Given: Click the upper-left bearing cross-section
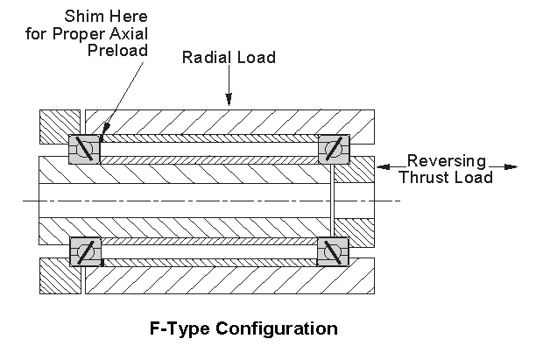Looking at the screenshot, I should (84, 149).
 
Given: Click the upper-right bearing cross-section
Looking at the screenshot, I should (333, 149).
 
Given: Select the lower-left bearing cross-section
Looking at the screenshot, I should (85, 252).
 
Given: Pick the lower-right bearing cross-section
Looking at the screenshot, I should (333, 252).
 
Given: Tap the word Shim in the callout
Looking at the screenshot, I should (80, 17).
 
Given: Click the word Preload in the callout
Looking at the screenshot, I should (118, 50).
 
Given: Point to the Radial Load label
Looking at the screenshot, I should (229, 58).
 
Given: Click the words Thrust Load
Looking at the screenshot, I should (445, 177).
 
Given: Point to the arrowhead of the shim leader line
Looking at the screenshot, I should (102, 138).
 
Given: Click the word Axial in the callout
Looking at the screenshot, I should (129, 33).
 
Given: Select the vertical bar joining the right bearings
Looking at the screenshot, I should (333, 201).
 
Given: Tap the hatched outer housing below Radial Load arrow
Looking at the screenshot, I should (229, 120).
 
